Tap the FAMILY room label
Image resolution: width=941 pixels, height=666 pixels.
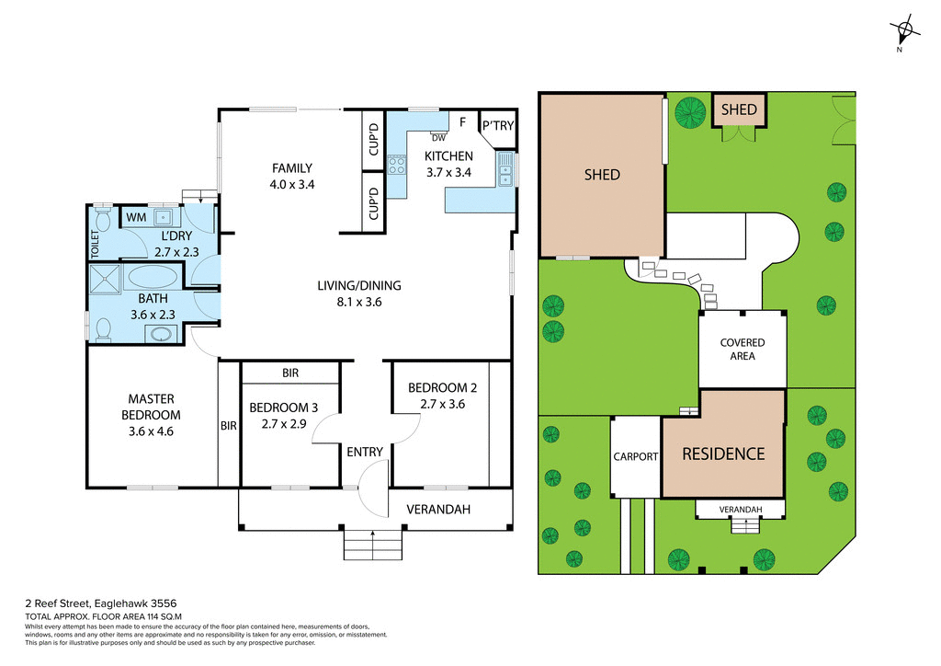click(x=292, y=168)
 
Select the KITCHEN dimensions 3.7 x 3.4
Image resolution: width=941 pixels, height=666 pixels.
click(x=448, y=172)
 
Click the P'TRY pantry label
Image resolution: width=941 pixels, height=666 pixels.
click(x=498, y=126)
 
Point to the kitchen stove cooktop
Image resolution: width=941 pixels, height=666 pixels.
click(x=398, y=166)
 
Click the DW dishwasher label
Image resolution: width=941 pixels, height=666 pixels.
click(x=437, y=138)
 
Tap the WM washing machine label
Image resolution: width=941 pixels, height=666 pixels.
click(x=136, y=217)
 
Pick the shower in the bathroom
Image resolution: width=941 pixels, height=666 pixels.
click(x=104, y=279)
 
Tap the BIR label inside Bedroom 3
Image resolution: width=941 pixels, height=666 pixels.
click(x=290, y=373)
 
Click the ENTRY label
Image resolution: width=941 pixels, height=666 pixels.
click(x=365, y=452)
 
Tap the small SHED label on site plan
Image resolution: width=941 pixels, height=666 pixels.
click(x=739, y=109)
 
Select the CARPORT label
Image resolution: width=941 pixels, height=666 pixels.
click(x=635, y=456)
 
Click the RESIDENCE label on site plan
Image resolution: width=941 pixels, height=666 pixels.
click(x=722, y=454)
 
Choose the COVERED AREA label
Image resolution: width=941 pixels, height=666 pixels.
click(x=742, y=350)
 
